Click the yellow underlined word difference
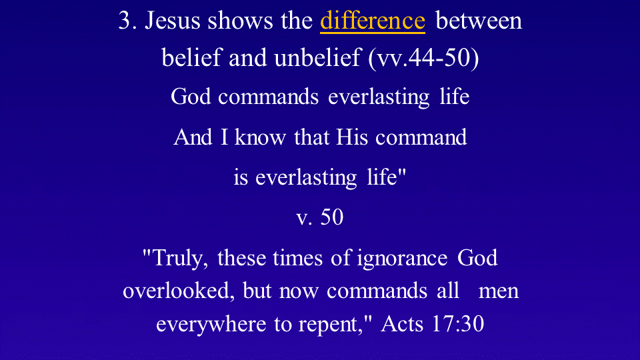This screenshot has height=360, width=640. [373, 20]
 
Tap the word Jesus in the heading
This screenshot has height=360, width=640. [173, 21]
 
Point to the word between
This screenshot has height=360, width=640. [479, 21]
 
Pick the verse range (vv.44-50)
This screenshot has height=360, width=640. [423, 57]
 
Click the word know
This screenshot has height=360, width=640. [260, 137]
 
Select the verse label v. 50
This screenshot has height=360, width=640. [319, 217]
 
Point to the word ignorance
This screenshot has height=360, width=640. [402, 259]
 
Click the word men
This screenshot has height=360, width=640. [499, 291]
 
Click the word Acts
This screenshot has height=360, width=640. [402, 324]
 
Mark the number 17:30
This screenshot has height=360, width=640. [457, 324]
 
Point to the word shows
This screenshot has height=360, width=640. [240, 21]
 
